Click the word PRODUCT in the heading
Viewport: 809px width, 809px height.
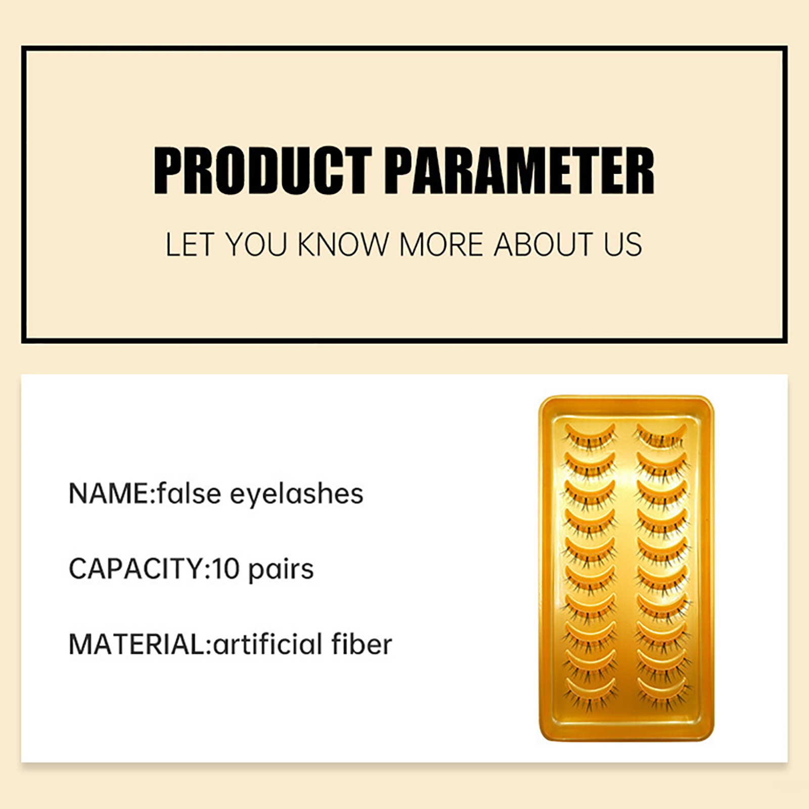click(262, 170)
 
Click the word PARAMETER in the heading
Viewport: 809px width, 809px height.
click(520, 170)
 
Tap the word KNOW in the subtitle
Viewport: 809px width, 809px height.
click(342, 245)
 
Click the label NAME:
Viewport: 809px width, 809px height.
click(111, 493)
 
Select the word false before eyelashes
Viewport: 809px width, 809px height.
click(189, 493)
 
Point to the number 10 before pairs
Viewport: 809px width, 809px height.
click(226, 569)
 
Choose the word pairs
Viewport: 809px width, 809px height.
click(281, 570)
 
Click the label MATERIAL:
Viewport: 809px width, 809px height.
click(140, 644)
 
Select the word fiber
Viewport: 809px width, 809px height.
click(362, 644)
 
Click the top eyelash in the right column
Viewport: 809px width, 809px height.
click(662, 436)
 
